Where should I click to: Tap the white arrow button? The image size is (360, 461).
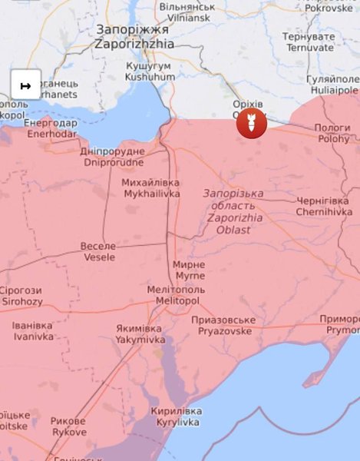point(25,85)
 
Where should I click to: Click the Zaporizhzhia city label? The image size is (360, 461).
point(134,37)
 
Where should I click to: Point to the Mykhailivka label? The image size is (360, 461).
point(150,188)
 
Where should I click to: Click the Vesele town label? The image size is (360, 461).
point(99,251)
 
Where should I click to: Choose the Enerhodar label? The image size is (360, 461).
point(51,128)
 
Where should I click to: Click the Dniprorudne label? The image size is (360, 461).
point(112,157)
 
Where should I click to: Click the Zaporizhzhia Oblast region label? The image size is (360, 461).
point(233,206)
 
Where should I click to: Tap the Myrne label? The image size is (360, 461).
point(190,269)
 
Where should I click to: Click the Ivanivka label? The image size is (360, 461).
point(33,331)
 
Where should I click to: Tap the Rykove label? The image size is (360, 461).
point(68,426)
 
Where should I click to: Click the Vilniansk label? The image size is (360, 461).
point(185,12)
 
